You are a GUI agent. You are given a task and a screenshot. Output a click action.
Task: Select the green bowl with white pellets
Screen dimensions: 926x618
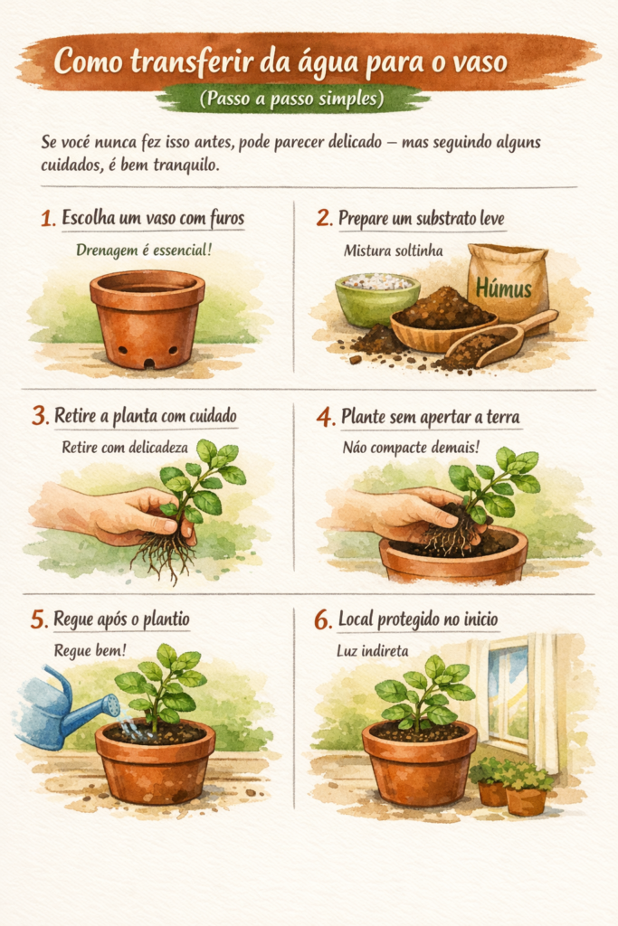coord(376,298)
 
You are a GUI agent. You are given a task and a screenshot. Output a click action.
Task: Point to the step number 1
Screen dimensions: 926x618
coord(48,218)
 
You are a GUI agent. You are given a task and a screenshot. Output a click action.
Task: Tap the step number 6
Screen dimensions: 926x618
coord(323,619)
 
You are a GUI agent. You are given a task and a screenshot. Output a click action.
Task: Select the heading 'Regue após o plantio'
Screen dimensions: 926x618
coord(122,619)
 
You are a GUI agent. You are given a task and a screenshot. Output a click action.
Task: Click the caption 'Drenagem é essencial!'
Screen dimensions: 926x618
coord(138,249)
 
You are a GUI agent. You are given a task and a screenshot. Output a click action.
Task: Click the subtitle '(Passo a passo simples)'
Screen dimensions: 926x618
coord(292,97)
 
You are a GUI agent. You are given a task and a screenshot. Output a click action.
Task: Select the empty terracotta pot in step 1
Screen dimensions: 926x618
coord(147,317)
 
